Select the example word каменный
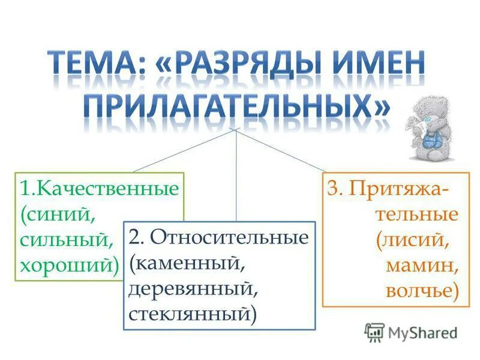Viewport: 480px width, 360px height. click(x=190, y=263)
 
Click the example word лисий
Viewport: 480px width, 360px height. click(x=415, y=240)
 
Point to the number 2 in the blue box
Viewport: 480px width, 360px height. click(x=136, y=237)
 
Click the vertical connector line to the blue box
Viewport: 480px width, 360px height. click(x=238, y=180)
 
